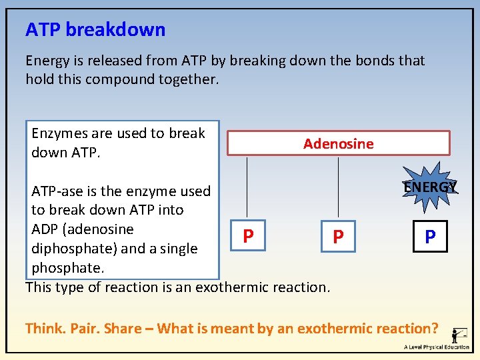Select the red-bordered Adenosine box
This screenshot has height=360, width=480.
338,143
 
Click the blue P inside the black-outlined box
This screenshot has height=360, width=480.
430,237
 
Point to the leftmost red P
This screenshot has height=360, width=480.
247,236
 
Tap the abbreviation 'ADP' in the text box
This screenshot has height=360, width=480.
45,229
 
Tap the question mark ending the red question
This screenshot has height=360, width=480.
435,329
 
